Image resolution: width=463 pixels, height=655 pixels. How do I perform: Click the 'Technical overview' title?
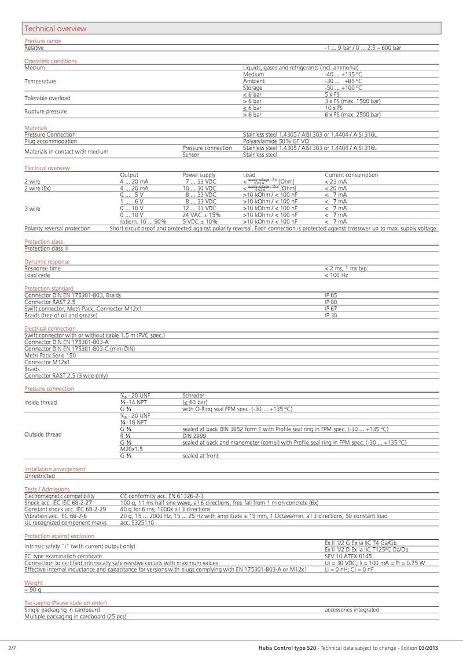(56, 28)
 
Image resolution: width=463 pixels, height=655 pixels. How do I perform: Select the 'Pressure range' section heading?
(42, 41)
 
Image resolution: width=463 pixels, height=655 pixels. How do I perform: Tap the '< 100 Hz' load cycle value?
(336, 275)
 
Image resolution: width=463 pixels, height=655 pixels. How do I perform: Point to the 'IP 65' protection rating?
(330, 295)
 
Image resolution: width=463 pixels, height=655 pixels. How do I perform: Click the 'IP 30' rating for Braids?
(330, 315)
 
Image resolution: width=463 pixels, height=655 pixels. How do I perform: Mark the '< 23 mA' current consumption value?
(336, 181)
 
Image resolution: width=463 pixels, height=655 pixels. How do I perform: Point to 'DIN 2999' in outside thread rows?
(194, 436)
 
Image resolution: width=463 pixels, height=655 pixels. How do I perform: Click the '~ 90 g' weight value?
(32, 590)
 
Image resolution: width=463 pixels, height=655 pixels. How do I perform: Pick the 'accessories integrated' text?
(352, 609)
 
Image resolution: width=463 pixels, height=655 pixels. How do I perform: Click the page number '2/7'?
(12, 646)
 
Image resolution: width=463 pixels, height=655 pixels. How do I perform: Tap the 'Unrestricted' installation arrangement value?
(39, 476)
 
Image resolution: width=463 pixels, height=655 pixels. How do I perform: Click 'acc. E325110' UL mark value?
(137, 522)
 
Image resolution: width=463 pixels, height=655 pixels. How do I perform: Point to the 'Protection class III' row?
(46, 248)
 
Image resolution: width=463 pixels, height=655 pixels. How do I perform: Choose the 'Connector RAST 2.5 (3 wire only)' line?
(66, 375)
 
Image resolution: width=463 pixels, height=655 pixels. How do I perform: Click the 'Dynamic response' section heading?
(47, 262)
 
